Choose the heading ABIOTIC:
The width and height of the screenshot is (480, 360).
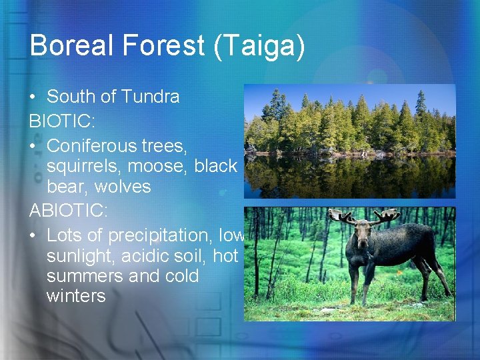(x=65, y=211)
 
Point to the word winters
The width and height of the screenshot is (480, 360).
(x=76, y=295)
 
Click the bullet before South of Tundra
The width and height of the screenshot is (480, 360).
(x=33, y=97)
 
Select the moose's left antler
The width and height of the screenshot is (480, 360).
(x=342, y=216)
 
